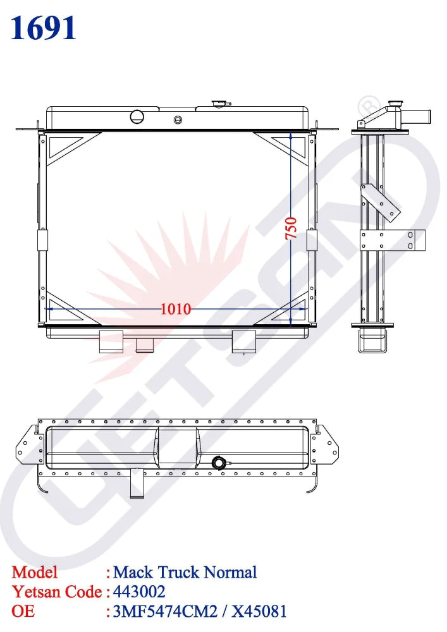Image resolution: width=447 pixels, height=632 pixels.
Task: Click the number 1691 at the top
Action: [x=44, y=28]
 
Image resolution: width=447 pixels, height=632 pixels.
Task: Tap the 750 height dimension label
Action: [x=291, y=228]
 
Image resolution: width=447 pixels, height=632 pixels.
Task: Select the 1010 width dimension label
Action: [x=175, y=309]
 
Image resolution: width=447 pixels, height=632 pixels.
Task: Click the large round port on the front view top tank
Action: [x=137, y=116]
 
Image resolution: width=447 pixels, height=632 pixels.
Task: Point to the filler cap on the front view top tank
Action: [x=222, y=104]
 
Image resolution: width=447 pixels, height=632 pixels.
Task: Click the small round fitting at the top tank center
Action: [x=178, y=119]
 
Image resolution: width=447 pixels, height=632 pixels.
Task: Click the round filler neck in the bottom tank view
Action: [x=219, y=463]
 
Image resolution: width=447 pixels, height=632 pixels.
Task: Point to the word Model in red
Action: [x=35, y=573]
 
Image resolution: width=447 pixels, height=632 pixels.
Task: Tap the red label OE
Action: [x=23, y=611]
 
